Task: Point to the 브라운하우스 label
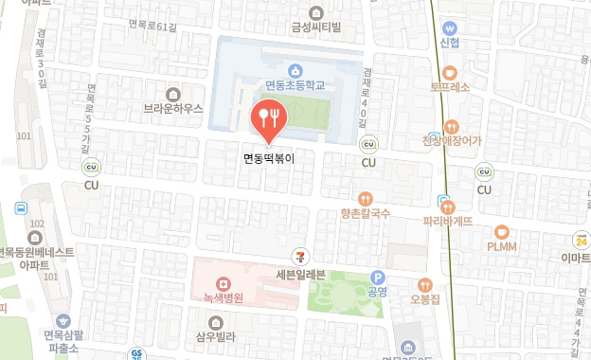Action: pos(173,109)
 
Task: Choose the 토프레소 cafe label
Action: pos(449,86)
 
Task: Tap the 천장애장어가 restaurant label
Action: pos(452,141)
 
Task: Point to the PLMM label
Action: pos(501,246)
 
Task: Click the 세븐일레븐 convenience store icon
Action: pos(300,257)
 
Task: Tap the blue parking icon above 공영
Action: pos(378,278)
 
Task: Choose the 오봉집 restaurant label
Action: pos(425,299)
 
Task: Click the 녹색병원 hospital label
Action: pos(223,297)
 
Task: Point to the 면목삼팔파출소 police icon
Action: pos(63,321)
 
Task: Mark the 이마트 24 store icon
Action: pos(578,242)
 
